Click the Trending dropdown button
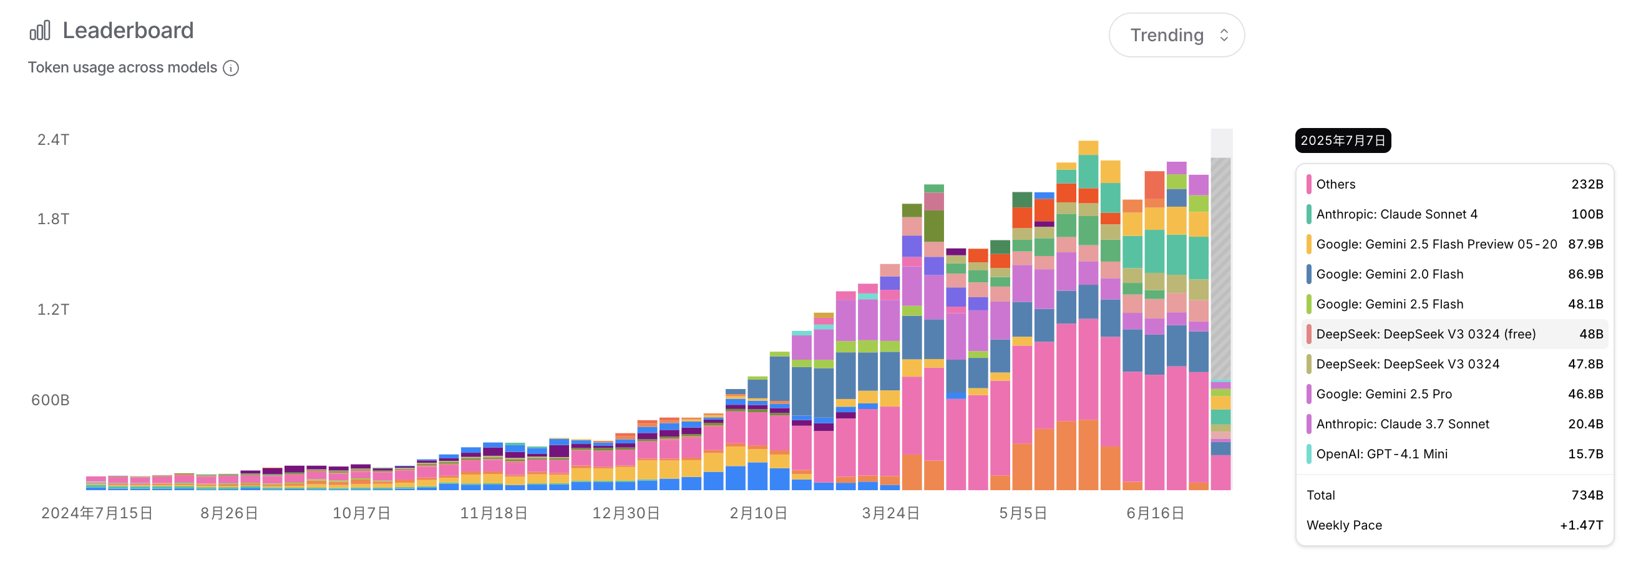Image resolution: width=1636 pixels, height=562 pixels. tap(1176, 35)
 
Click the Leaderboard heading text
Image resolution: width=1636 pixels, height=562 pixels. tap(128, 31)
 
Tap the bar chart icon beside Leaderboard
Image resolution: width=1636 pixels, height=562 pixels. tap(40, 31)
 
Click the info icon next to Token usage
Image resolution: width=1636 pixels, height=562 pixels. tap(231, 68)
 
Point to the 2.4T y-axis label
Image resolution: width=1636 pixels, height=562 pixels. tap(54, 140)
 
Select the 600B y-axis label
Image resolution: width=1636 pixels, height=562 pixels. tap(50, 400)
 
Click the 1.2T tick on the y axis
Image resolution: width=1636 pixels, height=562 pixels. tap(54, 310)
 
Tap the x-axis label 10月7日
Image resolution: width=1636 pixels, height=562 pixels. tap(361, 513)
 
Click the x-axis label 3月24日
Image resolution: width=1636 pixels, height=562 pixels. tap(890, 513)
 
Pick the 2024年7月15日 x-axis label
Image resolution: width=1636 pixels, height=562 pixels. tap(97, 513)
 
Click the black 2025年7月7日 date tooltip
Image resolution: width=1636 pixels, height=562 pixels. tap(1343, 140)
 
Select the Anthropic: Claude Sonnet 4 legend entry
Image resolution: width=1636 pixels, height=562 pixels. tap(1396, 214)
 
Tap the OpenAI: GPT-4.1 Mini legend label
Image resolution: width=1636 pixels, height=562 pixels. tap(1382, 454)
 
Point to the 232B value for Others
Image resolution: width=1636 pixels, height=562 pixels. tap(1587, 184)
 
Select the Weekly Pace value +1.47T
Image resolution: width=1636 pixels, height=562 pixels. tap(1581, 525)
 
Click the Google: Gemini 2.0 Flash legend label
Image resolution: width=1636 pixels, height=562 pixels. tap(1390, 274)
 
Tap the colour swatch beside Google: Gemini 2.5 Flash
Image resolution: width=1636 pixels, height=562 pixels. tap(1309, 304)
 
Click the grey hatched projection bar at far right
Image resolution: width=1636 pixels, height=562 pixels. tap(1220, 267)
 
